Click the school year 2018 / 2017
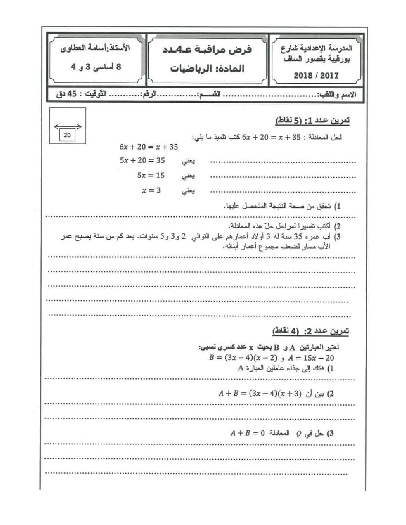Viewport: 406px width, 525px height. (x=316, y=75)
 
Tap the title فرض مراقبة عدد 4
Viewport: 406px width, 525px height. (x=207, y=49)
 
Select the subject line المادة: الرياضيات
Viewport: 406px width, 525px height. (x=207, y=68)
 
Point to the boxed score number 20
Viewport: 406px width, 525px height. (x=67, y=135)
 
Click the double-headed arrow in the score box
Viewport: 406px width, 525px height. (x=68, y=127)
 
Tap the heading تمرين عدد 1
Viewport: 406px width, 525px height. (x=312, y=121)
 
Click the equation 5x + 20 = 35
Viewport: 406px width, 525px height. (x=142, y=160)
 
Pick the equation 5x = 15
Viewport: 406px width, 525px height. (x=151, y=175)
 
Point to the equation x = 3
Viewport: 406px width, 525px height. (x=151, y=190)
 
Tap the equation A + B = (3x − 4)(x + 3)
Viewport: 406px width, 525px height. (x=260, y=393)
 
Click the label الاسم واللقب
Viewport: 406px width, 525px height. (x=337, y=95)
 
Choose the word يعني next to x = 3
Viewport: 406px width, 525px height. (x=188, y=191)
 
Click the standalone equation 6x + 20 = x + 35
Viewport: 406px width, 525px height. (x=149, y=147)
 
